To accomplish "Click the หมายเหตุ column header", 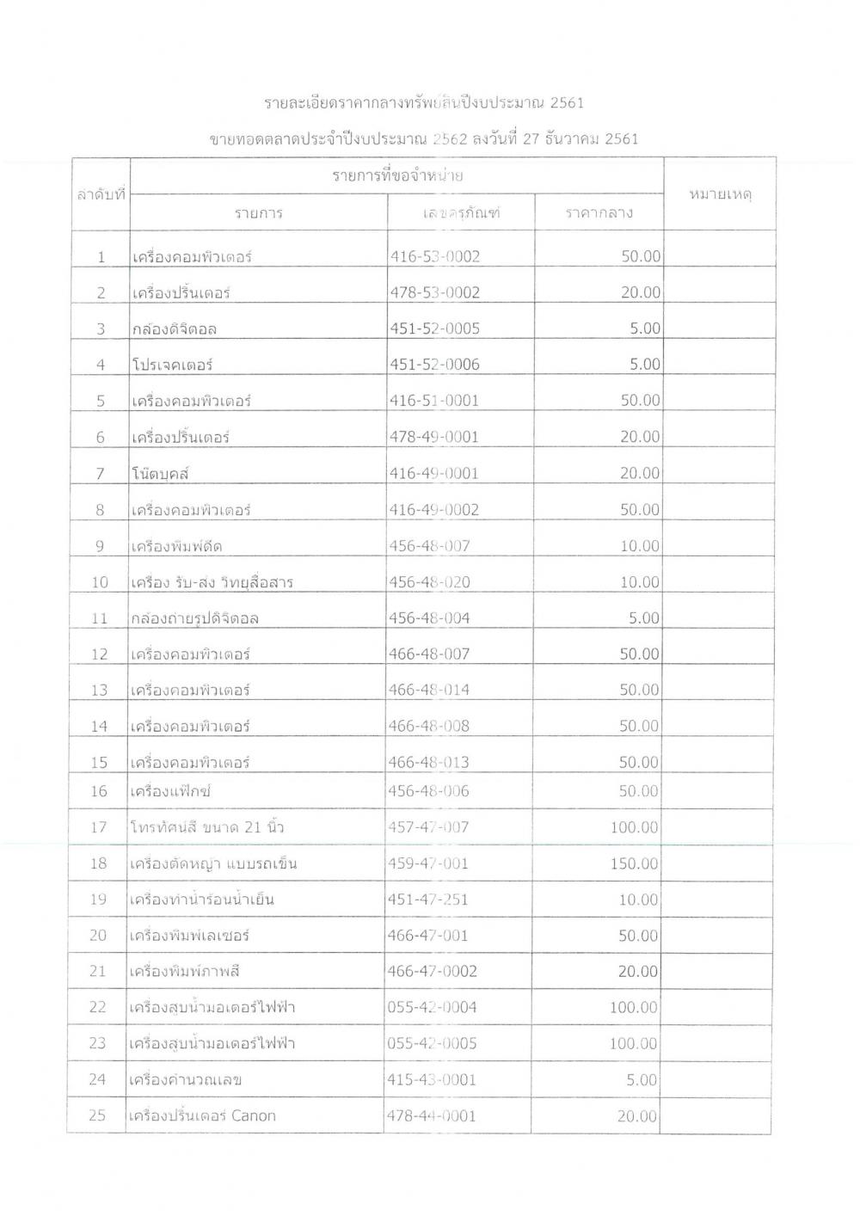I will click(x=721, y=195).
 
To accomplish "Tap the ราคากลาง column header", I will click(x=599, y=213).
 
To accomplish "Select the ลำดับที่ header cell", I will click(x=101, y=195).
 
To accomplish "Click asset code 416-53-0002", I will click(x=435, y=256).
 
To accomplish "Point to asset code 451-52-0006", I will click(x=435, y=365).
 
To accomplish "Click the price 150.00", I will click(x=635, y=863).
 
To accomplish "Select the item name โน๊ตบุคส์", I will click(x=162, y=473).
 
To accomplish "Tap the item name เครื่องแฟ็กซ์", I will click(x=171, y=791).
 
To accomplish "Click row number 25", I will click(x=97, y=1115).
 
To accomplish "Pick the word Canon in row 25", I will click(x=254, y=1115).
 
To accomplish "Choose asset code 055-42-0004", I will click(x=432, y=1007).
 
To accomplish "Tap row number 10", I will click(x=100, y=582).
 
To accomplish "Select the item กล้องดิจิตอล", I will click(x=175, y=329).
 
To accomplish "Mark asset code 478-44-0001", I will click(x=432, y=1115).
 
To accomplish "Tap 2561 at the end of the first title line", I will click(x=567, y=103).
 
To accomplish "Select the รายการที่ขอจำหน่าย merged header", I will click(x=398, y=176).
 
